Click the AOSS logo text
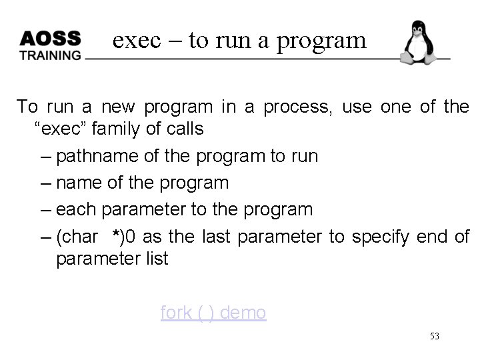(x=50, y=38)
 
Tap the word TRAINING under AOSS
(x=50, y=55)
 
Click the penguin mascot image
(x=418, y=43)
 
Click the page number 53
(x=434, y=337)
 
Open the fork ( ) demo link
(x=213, y=312)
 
